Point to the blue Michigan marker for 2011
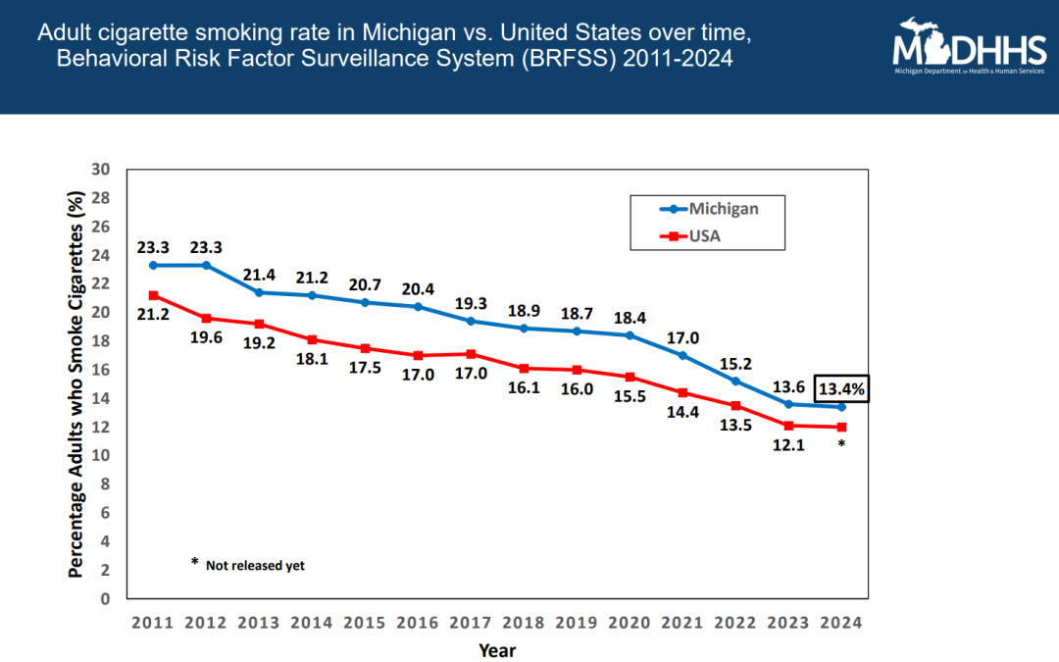point(153,265)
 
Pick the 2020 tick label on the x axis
point(630,623)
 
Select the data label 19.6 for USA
point(206,339)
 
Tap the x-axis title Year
point(497,649)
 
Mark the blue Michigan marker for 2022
point(735,381)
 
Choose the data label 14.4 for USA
point(682,414)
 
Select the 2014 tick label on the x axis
point(312,623)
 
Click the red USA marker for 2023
point(788,425)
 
